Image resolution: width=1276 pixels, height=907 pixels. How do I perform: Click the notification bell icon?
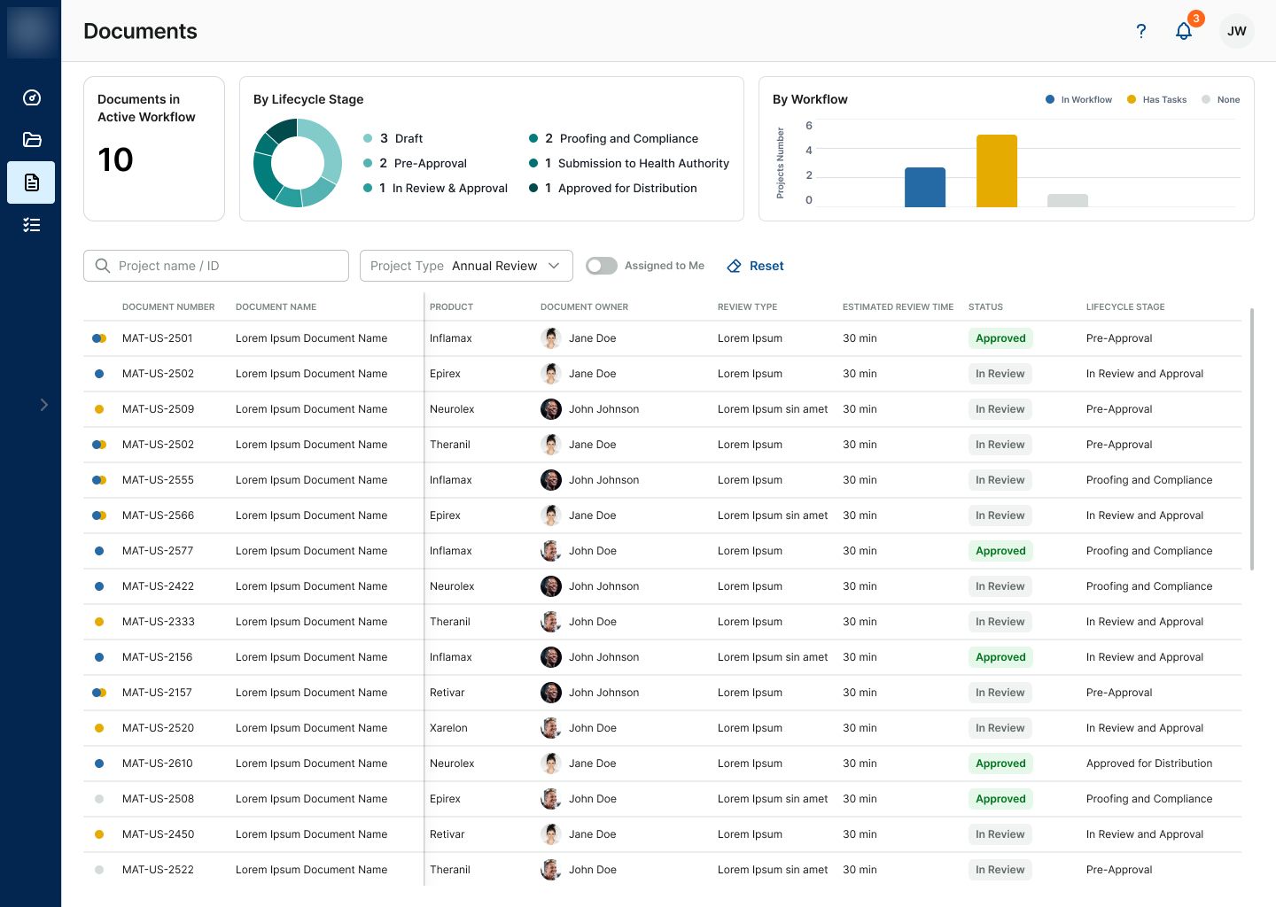point(1184,31)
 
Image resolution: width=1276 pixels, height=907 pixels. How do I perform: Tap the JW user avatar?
point(1236,31)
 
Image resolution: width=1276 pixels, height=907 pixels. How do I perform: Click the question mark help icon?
point(1140,31)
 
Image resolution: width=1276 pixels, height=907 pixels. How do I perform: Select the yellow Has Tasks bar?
point(996,171)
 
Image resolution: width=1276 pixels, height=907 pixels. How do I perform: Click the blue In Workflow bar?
point(924,187)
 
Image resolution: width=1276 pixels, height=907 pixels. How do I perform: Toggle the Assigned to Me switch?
point(602,266)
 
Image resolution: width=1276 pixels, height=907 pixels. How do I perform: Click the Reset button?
point(755,266)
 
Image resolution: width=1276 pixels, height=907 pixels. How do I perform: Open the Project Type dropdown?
point(466,266)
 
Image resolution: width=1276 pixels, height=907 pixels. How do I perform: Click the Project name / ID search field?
point(216,266)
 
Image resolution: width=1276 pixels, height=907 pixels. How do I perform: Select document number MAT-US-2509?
point(158,409)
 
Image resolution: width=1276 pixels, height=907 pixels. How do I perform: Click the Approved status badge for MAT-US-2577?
point(1000,551)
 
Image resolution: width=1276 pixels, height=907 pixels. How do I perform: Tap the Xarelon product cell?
point(448,728)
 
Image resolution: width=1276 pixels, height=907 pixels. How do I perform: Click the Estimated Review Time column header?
point(898,306)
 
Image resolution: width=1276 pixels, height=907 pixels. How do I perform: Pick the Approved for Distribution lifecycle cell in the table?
point(1149,763)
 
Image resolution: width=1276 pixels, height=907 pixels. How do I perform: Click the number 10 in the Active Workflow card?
point(115,159)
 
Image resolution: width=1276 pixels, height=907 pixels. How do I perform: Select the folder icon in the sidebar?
point(31,139)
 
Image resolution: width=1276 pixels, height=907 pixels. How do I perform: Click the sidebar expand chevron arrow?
point(44,405)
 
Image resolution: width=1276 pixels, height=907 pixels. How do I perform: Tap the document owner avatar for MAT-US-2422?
point(550,585)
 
